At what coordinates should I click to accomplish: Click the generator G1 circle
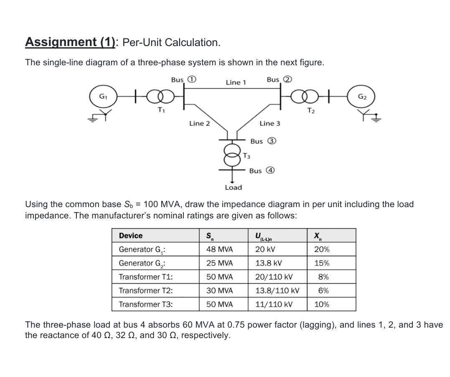pyautogui.click(x=102, y=97)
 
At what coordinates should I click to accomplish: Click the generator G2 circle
pyautogui.click(x=362, y=97)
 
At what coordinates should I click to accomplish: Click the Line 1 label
pyautogui.click(x=236, y=82)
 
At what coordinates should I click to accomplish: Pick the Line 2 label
pyautogui.click(x=199, y=123)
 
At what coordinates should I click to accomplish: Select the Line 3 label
pyautogui.click(x=269, y=123)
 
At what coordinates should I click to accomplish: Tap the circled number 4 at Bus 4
pyautogui.click(x=270, y=170)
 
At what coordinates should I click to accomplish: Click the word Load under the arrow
pyautogui.click(x=233, y=187)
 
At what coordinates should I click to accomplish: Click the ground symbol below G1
pyautogui.click(x=92, y=119)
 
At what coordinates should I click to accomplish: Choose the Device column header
pyautogui.click(x=130, y=236)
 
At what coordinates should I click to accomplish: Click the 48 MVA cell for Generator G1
pyautogui.click(x=219, y=249)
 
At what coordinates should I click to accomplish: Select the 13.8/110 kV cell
pyautogui.click(x=277, y=290)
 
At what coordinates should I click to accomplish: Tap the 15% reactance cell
pyautogui.click(x=321, y=263)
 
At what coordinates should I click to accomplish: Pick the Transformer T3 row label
pyautogui.click(x=145, y=304)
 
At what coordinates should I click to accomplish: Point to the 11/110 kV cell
pyautogui.click(x=274, y=304)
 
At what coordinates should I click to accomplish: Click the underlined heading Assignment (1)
pyautogui.click(x=70, y=42)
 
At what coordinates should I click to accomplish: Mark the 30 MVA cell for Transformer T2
pyautogui.click(x=219, y=290)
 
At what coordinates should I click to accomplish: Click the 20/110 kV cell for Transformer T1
pyautogui.click(x=274, y=277)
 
